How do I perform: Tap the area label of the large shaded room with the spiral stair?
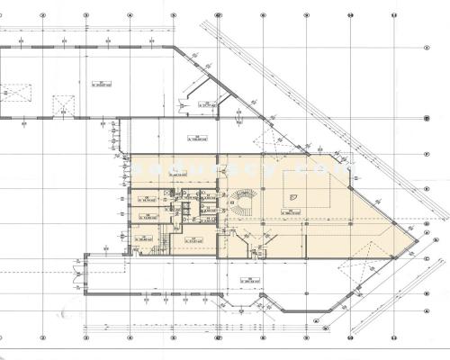[293, 212]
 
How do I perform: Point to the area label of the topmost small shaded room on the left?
[144, 197]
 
